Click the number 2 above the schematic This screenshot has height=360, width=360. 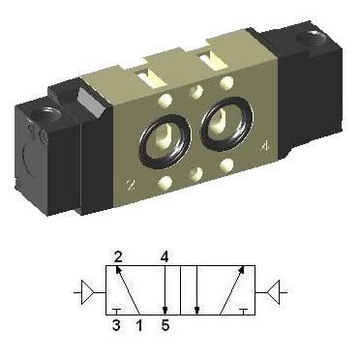coord(118,257)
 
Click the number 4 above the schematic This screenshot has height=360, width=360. coord(165,257)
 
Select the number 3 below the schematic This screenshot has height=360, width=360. coord(116,325)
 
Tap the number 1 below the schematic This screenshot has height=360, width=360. coord(139,325)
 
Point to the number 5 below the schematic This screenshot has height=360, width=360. coord(165,325)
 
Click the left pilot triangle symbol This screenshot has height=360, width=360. coord(87,292)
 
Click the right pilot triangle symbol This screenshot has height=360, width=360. coord(274,292)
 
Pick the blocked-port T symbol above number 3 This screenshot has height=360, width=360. coord(116,312)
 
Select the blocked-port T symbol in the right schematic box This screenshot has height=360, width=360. coord(244,312)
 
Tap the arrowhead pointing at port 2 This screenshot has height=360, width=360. coord(118,270)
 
